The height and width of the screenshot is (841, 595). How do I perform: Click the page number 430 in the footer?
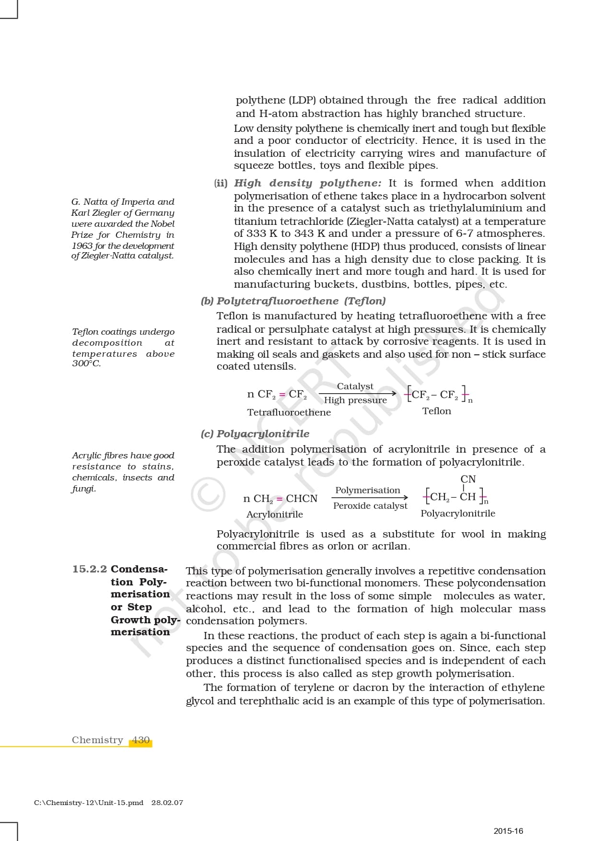click(141, 740)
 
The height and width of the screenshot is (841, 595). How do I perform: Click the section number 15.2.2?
click(90, 569)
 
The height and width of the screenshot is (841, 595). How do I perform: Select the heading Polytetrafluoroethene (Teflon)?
click(301, 301)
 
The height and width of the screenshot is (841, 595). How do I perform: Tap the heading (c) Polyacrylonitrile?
click(255, 434)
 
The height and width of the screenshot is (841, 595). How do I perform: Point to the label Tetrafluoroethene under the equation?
click(289, 412)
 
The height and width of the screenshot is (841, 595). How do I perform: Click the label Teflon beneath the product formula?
click(436, 411)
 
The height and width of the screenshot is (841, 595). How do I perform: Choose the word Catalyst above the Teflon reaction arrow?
click(355, 386)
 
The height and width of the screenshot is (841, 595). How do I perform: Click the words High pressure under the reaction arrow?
click(355, 400)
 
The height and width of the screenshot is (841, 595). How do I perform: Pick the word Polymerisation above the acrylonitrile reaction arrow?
click(367, 490)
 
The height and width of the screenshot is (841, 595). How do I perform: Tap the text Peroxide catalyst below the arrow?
click(370, 506)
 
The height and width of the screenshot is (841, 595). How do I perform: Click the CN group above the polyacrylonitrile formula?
click(468, 479)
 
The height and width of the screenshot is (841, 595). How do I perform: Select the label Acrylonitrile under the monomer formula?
click(274, 514)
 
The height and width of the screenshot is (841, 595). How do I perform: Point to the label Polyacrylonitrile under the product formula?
click(457, 514)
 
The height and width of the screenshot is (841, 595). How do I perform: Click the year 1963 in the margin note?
click(82, 246)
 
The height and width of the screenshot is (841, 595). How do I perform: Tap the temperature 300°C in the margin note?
click(86, 363)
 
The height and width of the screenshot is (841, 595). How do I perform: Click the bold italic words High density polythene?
click(308, 183)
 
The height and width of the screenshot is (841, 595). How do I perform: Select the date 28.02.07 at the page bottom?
click(167, 803)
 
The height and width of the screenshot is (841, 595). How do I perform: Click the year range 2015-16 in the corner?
click(508, 831)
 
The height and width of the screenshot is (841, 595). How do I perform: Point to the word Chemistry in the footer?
click(97, 740)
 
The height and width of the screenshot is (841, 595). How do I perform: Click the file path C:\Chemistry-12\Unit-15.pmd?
click(89, 803)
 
